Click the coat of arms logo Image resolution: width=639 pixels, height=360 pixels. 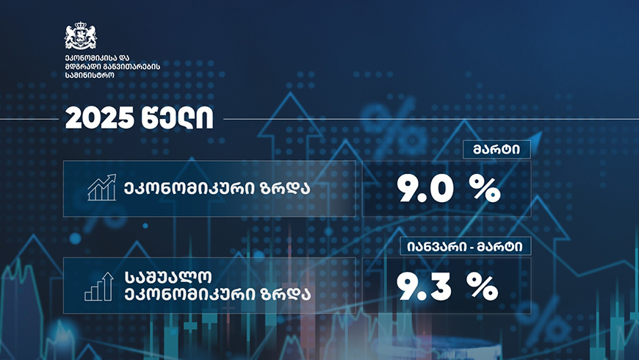pos(81,36)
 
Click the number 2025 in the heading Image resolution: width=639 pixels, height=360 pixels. pos(99,118)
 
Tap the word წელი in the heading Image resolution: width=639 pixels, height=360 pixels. pos(177,118)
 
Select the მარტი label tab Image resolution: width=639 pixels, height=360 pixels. pos(497,150)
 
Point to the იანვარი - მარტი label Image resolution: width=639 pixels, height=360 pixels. pos(465,246)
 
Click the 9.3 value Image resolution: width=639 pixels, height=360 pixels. pos(424,287)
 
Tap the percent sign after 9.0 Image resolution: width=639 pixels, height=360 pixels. pos(484,190)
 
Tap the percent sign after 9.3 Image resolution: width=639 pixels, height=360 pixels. pos(483,287)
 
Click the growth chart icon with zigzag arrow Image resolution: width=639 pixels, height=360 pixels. pos(102,187)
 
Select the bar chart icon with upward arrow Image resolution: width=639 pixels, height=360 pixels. pos(98,287)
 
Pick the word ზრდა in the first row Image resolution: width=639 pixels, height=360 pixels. pos(286,189)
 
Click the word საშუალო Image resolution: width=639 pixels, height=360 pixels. pos(168,278)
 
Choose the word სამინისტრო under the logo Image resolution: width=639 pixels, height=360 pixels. pos(90,76)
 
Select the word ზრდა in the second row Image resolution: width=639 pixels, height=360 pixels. pos(286,294)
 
